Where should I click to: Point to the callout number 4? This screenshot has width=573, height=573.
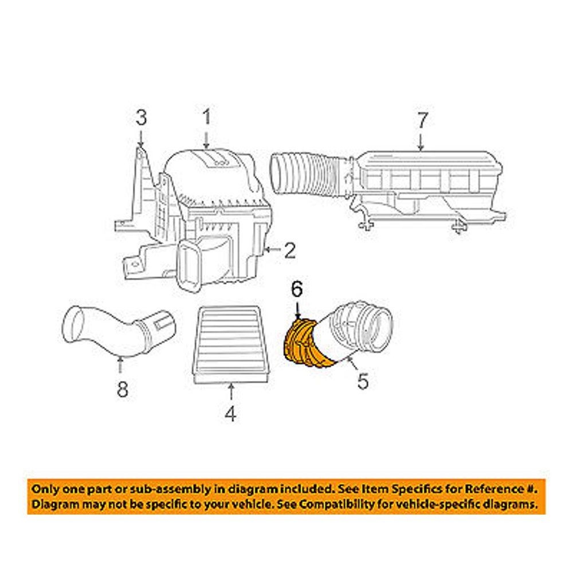pos(230,413)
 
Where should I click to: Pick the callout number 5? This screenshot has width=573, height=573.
pos(363,381)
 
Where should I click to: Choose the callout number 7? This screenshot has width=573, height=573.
pos(421,120)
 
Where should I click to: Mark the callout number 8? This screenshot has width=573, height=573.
pos(121,390)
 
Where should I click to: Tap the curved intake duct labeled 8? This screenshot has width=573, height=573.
pos(115,332)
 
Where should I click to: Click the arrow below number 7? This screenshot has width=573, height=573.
pos(421,142)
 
